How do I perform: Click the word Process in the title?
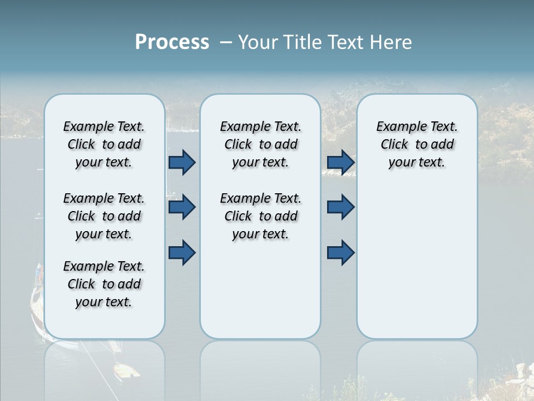click(x=172, y=42)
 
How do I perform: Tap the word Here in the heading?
click(x=389, y=42)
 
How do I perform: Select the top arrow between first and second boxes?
click(x=182, y=163)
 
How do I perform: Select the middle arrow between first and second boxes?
click(x=182, y=208)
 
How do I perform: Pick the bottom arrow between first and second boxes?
click(x=182, y=252)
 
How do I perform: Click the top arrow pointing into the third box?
click(x=340, y=163)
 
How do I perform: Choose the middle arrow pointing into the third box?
click(x=340, y=208)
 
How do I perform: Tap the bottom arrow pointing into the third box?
click(x=340, y=252)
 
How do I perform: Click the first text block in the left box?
click(x=104, y=144)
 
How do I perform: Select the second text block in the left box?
click(x=104, y=216)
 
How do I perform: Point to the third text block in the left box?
click(x=104, y=284)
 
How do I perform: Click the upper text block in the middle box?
click(x=260, y=144)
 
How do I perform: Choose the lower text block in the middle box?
click(x=260, y=216)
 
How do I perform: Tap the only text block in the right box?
click(x=417, y=144)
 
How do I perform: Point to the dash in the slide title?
click(x=226, y=42)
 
